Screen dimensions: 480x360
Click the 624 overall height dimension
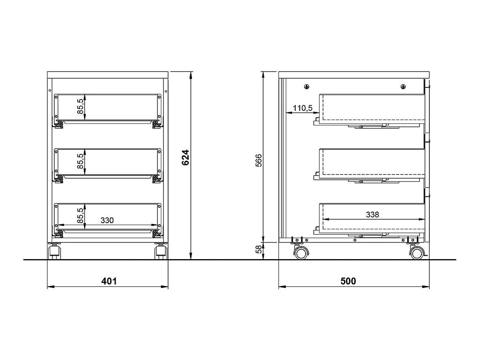coord(185,157)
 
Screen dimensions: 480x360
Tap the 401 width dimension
coord(109,281)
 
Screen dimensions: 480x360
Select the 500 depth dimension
coord(348,281)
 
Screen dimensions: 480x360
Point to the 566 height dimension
coord(259,161)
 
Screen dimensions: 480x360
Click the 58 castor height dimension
coord(259,249)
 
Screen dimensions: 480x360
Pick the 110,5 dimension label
coord(302,108)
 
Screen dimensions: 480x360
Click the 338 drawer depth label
coord(372,214)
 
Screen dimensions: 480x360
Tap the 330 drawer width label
coord(107,220)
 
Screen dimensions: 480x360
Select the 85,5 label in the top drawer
coord(80,106)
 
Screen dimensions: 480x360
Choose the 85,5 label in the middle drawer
coord(80,161)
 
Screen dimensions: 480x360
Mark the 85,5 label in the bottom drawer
coord(80,216)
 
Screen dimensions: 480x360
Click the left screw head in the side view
coord(307,87)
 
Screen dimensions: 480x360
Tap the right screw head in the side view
coord(403,87)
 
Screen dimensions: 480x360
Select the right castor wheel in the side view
coord(417,253)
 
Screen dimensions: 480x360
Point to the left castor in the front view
coord(55,251)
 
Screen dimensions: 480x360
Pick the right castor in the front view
coord(161,251)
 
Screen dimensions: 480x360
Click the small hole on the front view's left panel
coord(50,90)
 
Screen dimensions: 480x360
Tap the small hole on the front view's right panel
coord(166,91)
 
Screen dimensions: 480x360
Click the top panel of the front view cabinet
coord(108,75)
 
